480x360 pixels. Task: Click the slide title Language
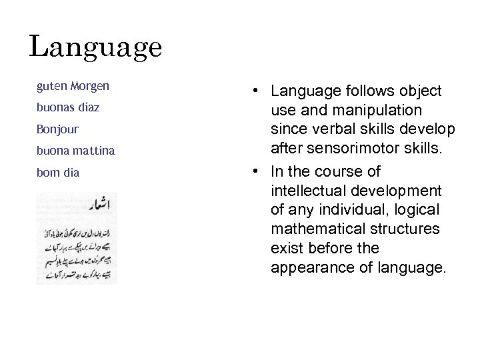95,47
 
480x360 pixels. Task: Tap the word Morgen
88,86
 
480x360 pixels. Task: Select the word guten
50,86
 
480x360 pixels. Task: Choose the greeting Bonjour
57,129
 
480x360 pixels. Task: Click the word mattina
93,151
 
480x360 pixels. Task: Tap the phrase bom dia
58,172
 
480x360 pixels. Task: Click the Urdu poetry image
76,238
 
